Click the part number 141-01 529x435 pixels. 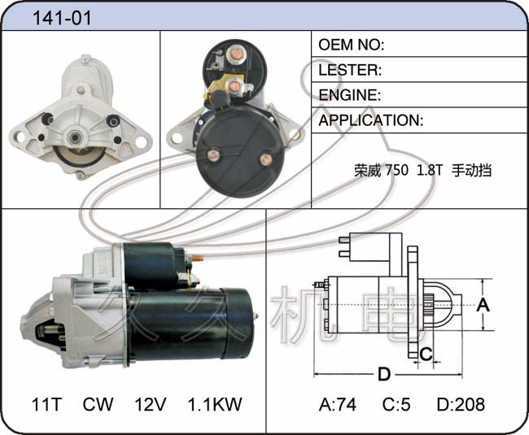(62, 18)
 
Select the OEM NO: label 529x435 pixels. (352, 45)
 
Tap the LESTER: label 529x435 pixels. (350, 70)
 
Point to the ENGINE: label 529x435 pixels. (349, 95)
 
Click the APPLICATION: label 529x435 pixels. (371, 120)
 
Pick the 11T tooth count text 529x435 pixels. (46, 404)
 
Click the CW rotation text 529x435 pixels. (98, 404)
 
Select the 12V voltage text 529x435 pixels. (151, 404)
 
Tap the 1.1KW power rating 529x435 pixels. (215, 404)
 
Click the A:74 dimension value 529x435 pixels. (338, 404)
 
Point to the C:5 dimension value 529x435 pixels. (396, 404)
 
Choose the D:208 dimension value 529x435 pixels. (461, 404)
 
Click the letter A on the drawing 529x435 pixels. (483, 305)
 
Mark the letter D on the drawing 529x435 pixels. (384, 374)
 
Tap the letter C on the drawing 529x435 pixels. (426, 355)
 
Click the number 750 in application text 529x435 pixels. (397, 170)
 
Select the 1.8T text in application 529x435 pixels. (430, 170)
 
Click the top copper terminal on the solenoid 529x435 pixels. (235, 54)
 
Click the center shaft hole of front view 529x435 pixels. (73, 137)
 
